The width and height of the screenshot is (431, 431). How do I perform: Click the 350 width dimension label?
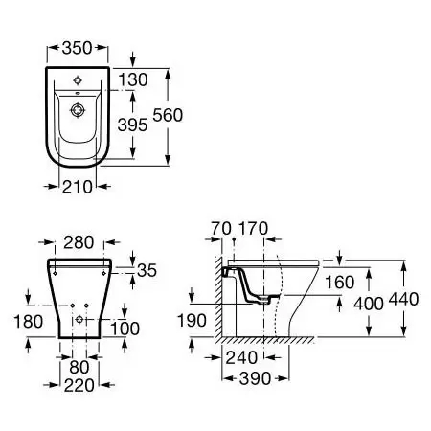pyautogui.click(x=78, y=48)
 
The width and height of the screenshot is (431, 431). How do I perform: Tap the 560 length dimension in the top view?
pyautogui.click(x=168, y=115)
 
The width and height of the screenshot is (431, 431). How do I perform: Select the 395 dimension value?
pyautogui.click(x=132, y=125)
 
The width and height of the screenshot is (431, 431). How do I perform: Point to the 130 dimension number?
pyautogui.click(x=133, y=79)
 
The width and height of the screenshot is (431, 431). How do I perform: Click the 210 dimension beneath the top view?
pyautogui.click(x=78, y=187)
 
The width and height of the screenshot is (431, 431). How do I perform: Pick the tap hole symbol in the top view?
pyautogui.click(x=78, y=80)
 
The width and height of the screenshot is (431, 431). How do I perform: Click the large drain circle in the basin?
pyautogui.click(x=78, y=110)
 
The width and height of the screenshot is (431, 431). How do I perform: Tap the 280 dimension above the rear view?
pyautogui.click(x=79, y=242)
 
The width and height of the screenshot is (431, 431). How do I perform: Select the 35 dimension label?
pyautogui.click(x=147, y=270)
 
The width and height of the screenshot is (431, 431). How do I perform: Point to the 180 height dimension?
pyautogui.click(x=29, y=322)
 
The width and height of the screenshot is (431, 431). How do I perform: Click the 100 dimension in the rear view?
pyautogui.click(x=125, y=329)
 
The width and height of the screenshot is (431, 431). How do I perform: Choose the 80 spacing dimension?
pyautogui.click(x=79, y=367)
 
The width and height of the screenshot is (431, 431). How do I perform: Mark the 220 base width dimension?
pyautogui.click(x=79, y=385)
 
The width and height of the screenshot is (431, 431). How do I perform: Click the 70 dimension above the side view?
pyautogui.click(x=221, y=229)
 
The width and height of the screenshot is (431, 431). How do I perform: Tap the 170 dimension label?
pyautogui.click(x=254, y=229)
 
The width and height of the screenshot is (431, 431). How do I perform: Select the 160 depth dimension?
pyautogui.click(x=340, y=283)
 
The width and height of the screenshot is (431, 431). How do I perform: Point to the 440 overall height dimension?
pyautogui.click(x=403, y=299)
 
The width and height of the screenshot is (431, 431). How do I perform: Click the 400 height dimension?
pyautogui.click(x=369, y=304)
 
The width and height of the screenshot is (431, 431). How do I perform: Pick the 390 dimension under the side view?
pyautogui.click(x=255, y=378)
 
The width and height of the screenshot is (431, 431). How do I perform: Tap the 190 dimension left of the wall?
pyautogui.click(x=192, y=320)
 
